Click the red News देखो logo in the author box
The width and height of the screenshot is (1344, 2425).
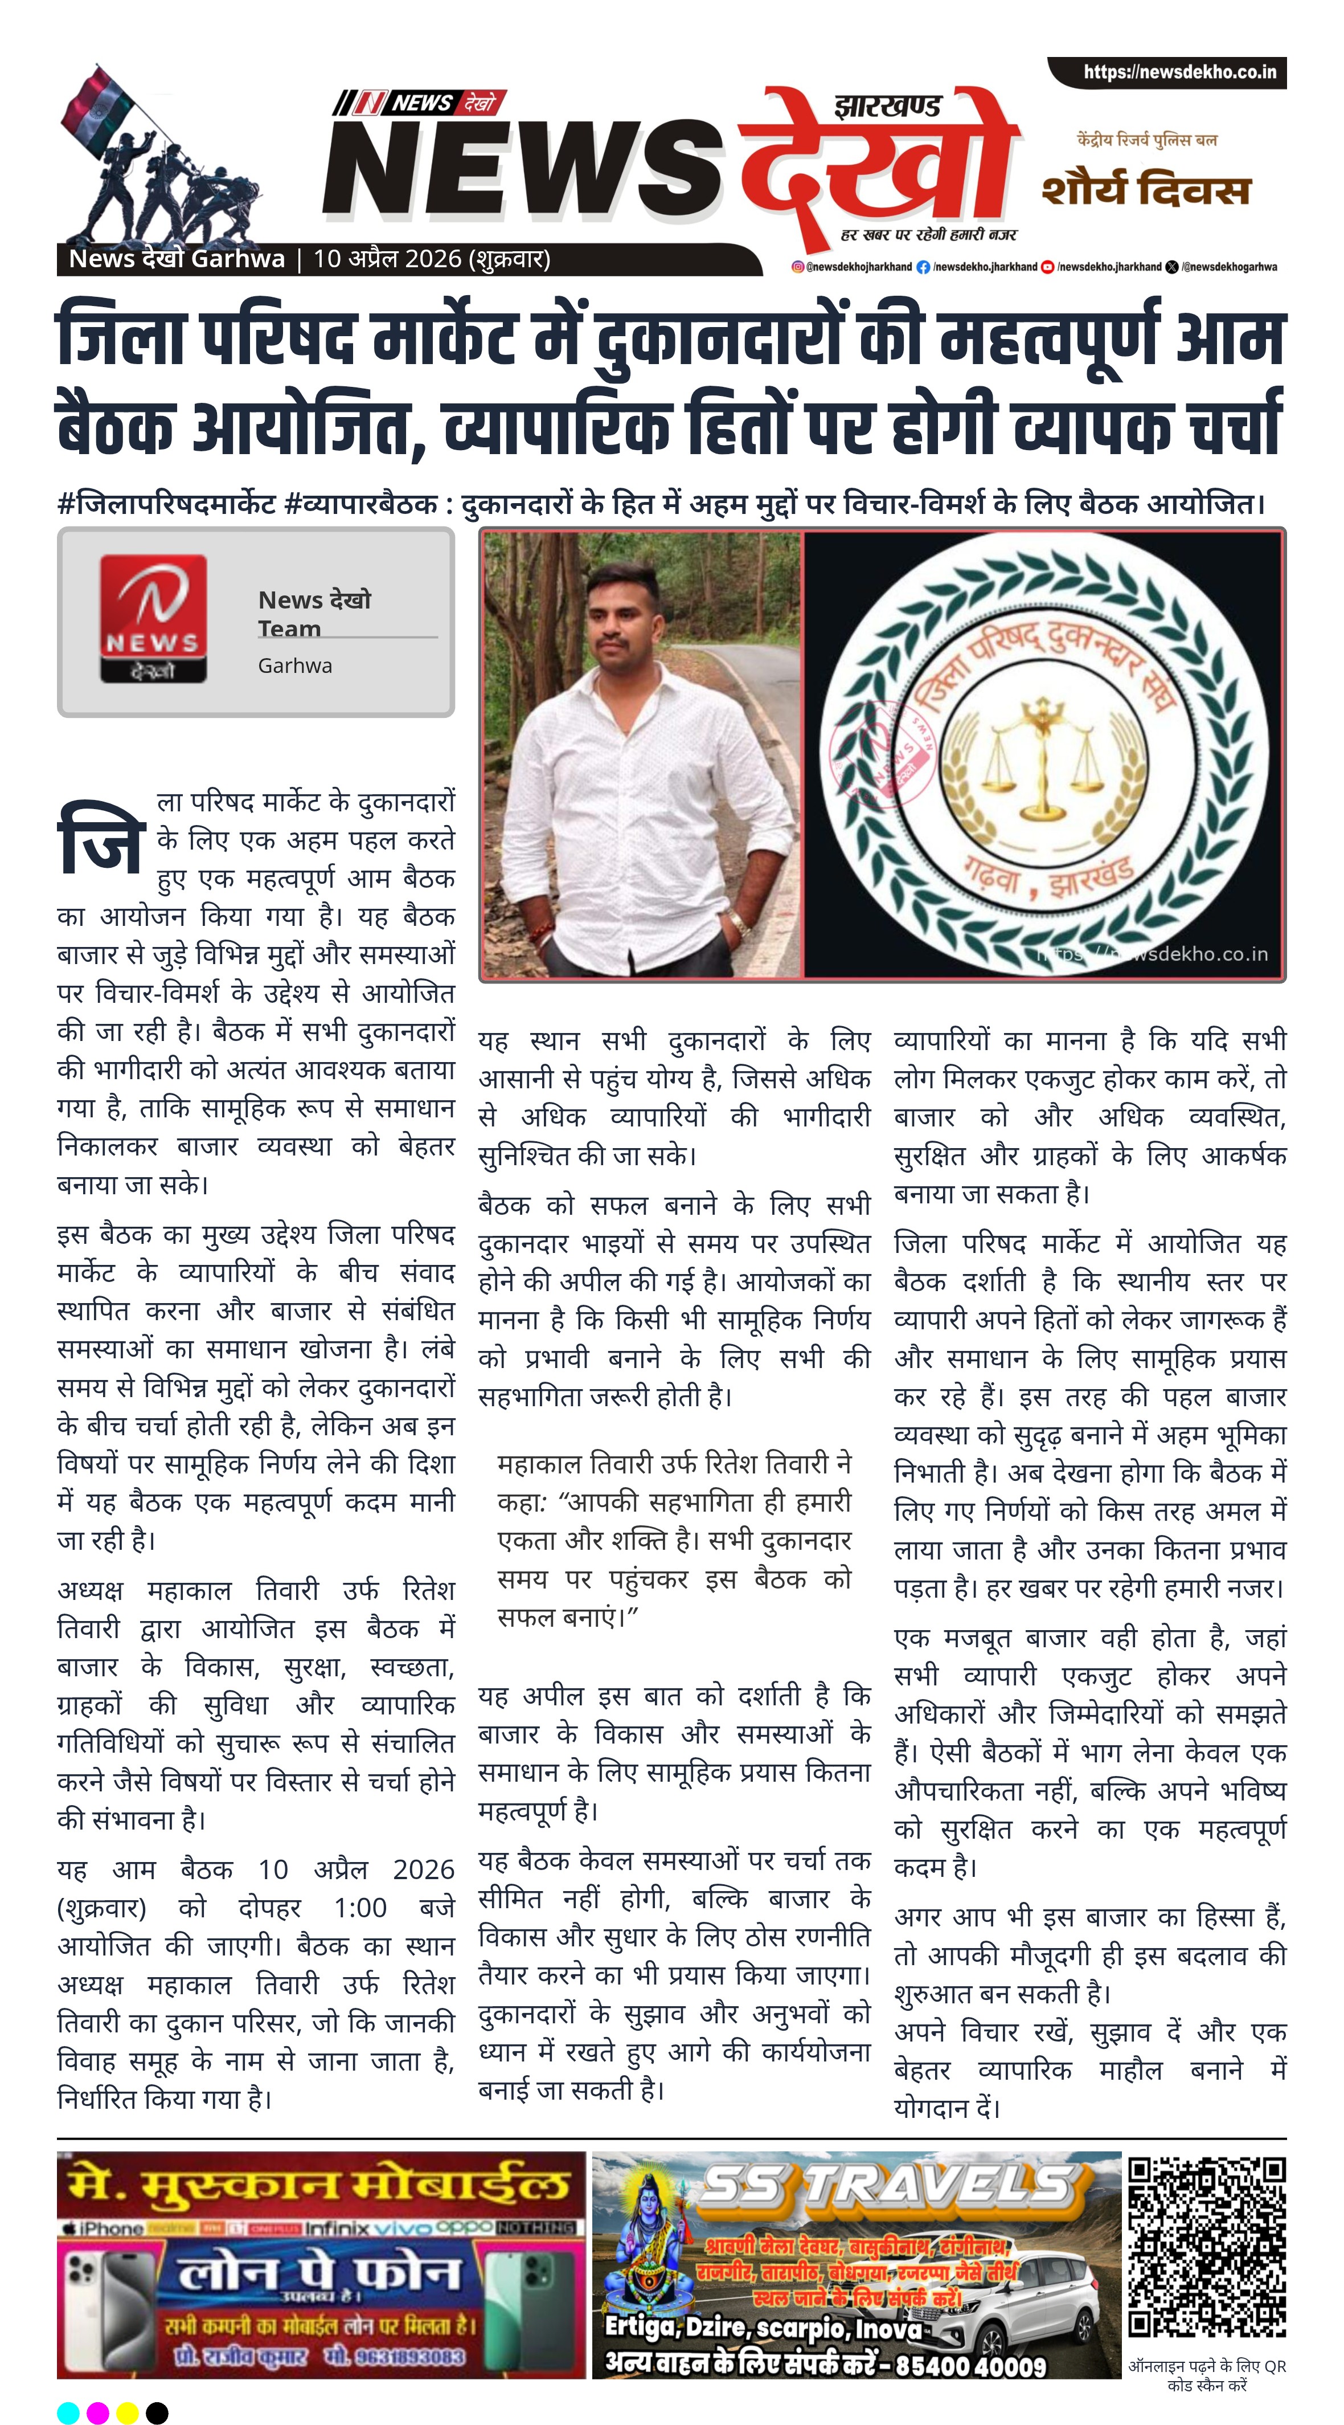click(153, 618)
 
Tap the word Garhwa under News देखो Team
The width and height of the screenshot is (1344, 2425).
click(294, 666)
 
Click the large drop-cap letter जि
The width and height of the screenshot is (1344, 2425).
click(101, 837)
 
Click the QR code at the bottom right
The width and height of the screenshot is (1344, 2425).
click(1207, 2246)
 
